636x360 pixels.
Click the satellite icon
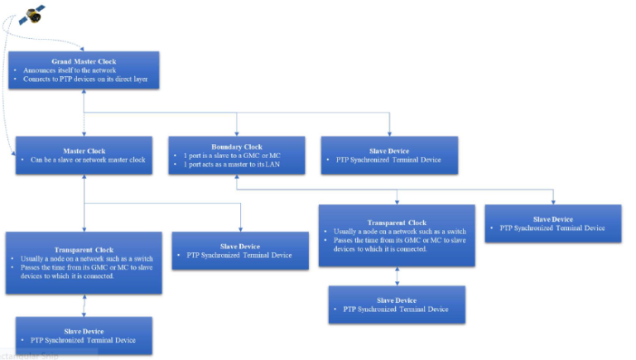32,14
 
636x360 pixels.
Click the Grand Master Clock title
84,61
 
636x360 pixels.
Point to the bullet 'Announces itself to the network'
69,70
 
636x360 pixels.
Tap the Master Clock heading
84,151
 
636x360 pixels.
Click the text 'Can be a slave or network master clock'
85,160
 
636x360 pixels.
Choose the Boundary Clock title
236,146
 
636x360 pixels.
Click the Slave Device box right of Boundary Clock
388,155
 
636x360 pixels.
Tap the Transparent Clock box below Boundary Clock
397,236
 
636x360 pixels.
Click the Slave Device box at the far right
553,223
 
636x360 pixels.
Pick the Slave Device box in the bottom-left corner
84,335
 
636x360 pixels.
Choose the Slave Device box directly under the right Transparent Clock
396,305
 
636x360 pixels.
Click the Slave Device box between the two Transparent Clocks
240,251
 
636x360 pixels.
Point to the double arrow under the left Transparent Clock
84,305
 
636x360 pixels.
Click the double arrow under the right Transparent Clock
396,276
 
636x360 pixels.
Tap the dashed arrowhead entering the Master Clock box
13,153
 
